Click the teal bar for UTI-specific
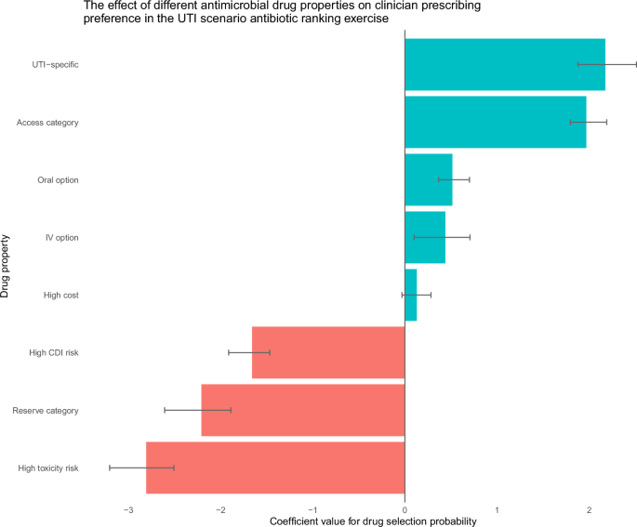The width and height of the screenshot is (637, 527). click(x=504, y=64)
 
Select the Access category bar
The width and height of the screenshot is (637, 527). click(x=495, y=122)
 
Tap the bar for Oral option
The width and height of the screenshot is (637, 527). click(x=428, y=179)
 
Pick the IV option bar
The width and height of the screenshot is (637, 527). click(x=424, y=237)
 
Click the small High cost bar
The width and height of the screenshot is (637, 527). click(x=410, y=295)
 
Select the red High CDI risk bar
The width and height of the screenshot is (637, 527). click(x=328, y=352)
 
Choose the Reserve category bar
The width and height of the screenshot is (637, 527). click(x=302, y=410)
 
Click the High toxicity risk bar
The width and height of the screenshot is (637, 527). click(x=275, y=468)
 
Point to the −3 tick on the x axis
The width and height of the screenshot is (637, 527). click(x=128, y=510)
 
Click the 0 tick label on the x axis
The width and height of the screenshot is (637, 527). click(x=405, y=510)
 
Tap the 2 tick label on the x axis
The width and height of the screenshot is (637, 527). click(x=589, y=510)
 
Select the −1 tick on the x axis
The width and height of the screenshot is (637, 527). click(x=312, y=510)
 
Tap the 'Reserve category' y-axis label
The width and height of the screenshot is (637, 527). click(x=45, y=410)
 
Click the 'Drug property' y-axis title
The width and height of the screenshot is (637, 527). click(x=7, y=266)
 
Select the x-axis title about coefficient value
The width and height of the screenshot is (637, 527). click(x=373, y=521)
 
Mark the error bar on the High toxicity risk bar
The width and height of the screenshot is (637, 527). click(x=141, y=468)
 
